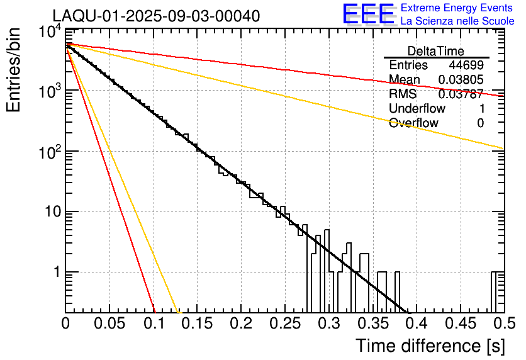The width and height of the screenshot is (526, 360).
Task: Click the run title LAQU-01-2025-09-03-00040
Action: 155,16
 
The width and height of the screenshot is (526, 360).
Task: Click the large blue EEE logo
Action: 368,14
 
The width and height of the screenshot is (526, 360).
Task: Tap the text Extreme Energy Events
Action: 457,8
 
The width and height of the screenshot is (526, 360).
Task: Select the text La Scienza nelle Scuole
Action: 457,21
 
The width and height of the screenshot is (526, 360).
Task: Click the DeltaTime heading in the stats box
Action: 436,51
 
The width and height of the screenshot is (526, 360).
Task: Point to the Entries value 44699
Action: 466,65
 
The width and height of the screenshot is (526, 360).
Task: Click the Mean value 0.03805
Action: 461,80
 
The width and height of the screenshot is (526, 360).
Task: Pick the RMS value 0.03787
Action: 461,94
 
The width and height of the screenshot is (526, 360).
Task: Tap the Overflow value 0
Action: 480,123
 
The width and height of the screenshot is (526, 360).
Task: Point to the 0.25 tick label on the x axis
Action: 284,324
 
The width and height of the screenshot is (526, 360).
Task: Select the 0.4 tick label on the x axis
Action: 416,324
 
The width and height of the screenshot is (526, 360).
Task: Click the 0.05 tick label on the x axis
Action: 109,324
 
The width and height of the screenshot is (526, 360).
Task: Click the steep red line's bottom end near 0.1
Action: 154,311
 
